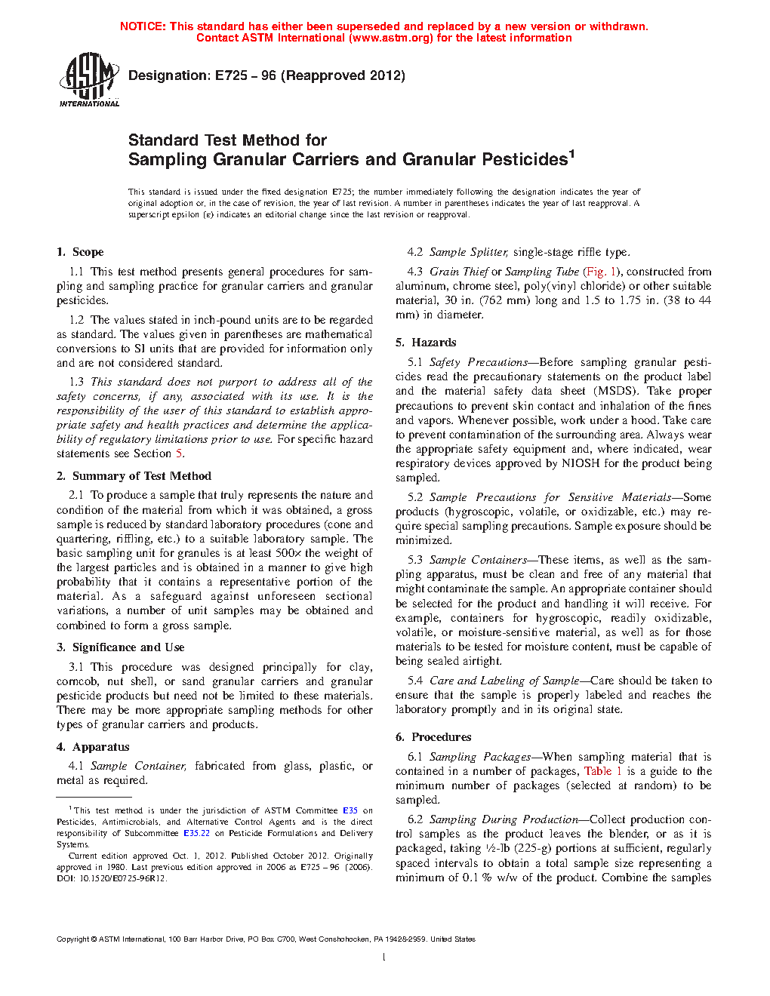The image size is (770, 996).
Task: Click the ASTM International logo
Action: (88, 79)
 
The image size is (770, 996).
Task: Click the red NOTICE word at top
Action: (143, 26)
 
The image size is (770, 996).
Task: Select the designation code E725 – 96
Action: (245, 75)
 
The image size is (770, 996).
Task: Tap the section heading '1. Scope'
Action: (80, 252)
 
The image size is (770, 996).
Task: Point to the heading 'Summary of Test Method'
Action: (142, 476)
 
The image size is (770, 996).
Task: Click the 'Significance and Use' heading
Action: (128, 647)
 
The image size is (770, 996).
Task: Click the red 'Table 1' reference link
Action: (603, 771)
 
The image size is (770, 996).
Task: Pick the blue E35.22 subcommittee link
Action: (196, 833)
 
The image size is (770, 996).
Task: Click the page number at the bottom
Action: (384, 958)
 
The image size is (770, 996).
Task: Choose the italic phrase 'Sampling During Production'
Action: (504, 819)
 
